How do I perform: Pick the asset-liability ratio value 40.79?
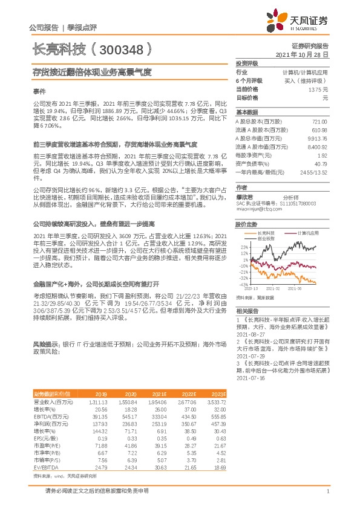(x=320, y=164)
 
